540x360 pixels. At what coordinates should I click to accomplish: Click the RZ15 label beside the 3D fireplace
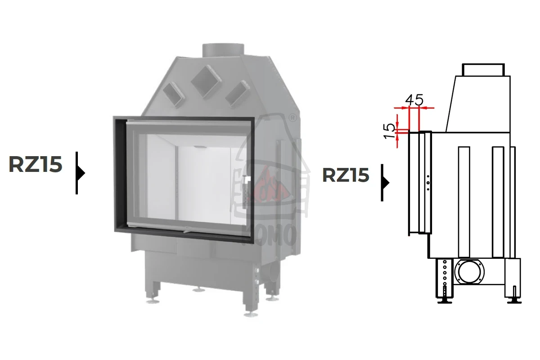click(x=36, y=164)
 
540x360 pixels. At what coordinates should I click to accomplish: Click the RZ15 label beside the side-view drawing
click(x=346, y=175)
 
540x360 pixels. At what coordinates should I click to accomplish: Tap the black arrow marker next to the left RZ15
click(x=80, y=173)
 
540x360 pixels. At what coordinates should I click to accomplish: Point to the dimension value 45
click(x=414, y=100)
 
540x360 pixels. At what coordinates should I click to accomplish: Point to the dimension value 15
click(x=389, y=130)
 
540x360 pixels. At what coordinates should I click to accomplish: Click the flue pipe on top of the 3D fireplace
click(x=223, y=51)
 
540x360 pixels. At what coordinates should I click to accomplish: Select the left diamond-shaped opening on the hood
click(x=174, y=94)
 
